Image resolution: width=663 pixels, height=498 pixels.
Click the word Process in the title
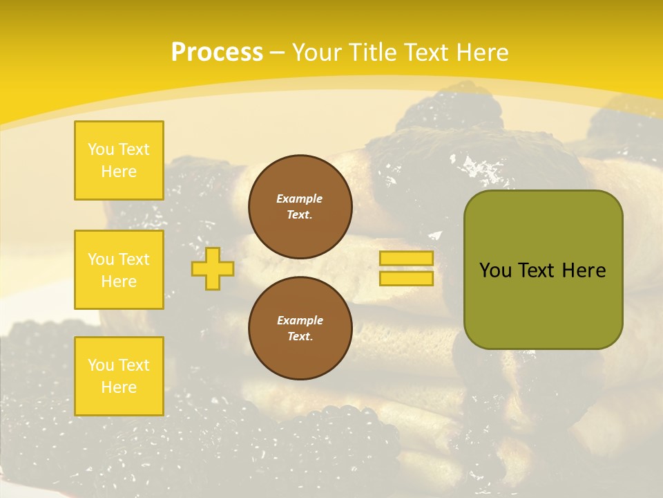coord(217,53)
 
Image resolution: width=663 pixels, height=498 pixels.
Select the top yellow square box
coord(119,160)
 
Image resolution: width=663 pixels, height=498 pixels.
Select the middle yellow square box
coord(119,270)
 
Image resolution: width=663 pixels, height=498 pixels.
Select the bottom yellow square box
coord(119,376)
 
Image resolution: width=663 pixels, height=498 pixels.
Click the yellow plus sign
coord(213,268)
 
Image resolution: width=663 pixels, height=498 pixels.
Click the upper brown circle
coord(300,207)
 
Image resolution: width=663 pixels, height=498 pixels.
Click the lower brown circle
coord(300,329)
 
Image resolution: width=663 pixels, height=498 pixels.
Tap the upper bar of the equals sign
coord(406,258)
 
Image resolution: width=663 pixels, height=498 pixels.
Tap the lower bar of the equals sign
coord(406,278)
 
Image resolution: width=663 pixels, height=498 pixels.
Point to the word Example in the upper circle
coord(300,199)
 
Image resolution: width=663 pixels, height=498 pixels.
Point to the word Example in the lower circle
coord(300,320)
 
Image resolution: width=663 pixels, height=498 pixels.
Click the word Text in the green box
coord(536,270)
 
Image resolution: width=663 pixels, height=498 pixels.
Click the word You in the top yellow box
coord(101,149)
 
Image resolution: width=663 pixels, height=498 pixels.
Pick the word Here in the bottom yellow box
coord(119,387)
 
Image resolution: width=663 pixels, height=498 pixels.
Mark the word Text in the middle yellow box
coord(133,259)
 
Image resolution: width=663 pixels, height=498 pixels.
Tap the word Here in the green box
coord(584,270)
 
